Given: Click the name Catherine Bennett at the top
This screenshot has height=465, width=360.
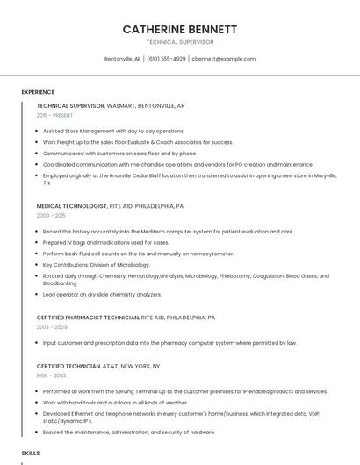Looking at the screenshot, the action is (179, 29).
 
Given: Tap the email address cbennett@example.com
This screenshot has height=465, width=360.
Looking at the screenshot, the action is (223, 59).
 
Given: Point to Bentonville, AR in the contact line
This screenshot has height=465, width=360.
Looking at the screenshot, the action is (123, 59).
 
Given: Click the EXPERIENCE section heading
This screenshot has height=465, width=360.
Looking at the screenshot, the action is (38, 92).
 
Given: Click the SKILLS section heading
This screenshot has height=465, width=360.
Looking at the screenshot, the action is (31, 453).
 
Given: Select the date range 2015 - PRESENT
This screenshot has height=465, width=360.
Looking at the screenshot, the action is (54, 115).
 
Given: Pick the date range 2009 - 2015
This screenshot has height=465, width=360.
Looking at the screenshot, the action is (51, 215).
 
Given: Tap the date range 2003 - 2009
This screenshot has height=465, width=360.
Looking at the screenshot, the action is (51, 326).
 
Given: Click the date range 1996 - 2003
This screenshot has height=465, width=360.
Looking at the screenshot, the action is (51, 375).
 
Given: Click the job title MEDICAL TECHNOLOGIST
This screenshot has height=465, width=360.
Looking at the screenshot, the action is (71, 205).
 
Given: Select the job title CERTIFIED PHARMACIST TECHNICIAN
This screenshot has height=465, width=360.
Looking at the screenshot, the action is (88, 317).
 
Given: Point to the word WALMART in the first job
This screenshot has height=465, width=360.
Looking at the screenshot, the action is (127, 105).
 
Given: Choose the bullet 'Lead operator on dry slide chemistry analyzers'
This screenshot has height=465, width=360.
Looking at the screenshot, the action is (102, 294).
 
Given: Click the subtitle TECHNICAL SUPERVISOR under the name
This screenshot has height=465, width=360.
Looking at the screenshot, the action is (179, 42).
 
